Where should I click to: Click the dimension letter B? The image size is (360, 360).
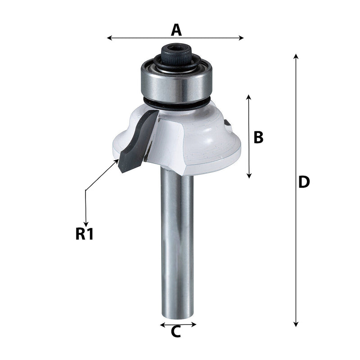[258, 137]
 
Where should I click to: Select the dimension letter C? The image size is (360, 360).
[176, 332]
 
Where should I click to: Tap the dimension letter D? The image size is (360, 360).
[304, 182]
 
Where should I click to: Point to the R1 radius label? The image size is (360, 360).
[84, 234]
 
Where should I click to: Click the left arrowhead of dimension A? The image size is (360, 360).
[109, 38]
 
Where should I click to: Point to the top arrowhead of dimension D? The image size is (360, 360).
[296, 56]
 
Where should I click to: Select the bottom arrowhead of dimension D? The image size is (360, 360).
[296, 324]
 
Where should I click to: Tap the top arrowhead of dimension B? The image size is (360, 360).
[248, 97]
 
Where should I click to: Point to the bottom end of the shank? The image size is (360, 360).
[177, 315]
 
